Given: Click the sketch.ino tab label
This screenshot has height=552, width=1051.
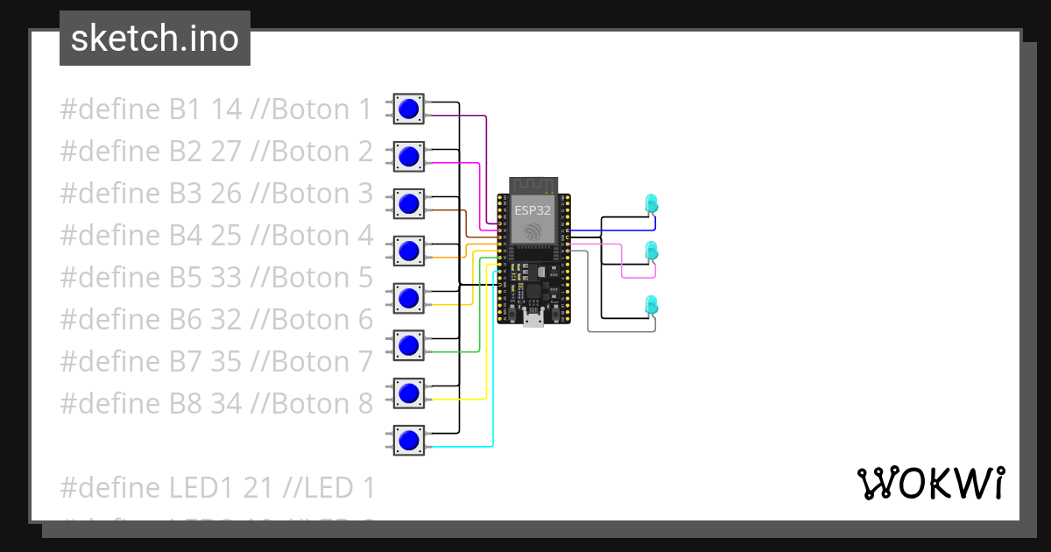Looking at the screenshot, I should point(154,39).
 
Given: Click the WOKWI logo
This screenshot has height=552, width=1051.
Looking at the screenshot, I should point(930,483).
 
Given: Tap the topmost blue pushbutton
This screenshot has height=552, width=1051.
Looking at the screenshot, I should point(408,110).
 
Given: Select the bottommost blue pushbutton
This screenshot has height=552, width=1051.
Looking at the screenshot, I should point(408,440).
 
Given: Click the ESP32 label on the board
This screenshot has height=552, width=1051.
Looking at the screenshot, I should point(533,210).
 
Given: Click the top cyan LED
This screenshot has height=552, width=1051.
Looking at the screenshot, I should point(651,203).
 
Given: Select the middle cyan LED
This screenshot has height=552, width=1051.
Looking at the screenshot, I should point(651,251).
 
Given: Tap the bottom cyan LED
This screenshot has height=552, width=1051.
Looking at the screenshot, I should point(651,305).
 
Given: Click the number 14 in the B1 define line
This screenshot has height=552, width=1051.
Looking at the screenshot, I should point(226,110).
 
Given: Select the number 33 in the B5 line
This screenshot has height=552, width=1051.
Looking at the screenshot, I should point(226,278).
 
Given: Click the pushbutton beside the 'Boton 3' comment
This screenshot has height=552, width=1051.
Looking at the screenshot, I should point(408,204).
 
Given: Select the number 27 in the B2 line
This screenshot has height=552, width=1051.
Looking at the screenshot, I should point(226,152).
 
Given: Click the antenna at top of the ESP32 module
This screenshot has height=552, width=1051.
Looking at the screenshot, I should point(533,185).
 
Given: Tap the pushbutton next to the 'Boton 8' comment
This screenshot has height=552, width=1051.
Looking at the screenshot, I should point(408,393).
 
